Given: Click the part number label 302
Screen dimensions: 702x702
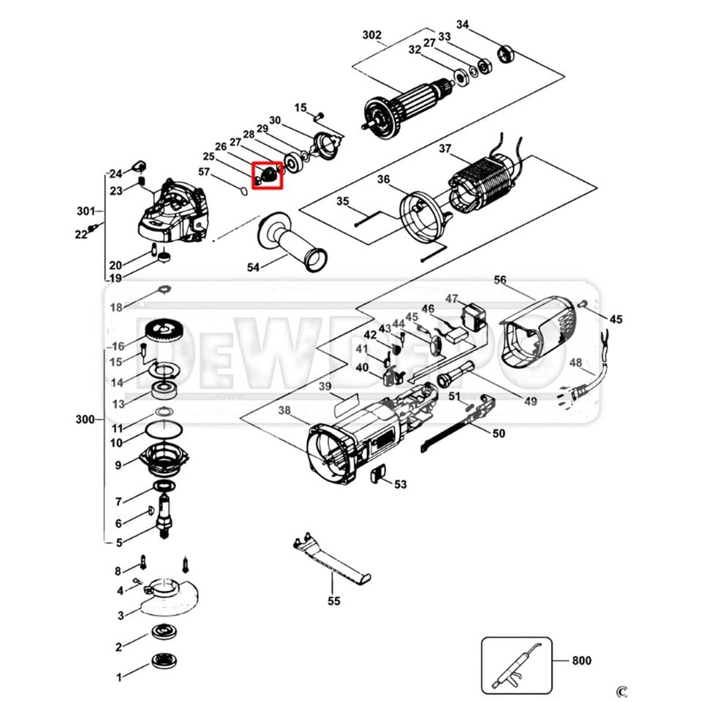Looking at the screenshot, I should pyautogui.click(x=372, y=34).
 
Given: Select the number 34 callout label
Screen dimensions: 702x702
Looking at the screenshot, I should pyautogui.click(x=462, y=25).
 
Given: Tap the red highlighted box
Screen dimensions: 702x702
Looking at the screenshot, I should pyautogui.click(x=267, y=175).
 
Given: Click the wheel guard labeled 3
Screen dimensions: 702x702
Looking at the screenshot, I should pyautogui.click(x=167, y=595).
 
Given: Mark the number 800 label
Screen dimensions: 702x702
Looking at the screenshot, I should pyautogui.click(x=581, y=661).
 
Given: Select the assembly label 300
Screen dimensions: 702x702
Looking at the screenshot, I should pyautogui.click(x=86, y=420).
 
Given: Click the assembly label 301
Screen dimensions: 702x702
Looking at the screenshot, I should pyautogui.click(x=86, y=211).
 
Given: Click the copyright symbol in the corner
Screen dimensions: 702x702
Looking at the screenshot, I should pyautogui.click(x=622, y=691).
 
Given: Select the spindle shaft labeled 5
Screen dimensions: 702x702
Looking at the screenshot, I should pyautogui.click(x=165, y=515).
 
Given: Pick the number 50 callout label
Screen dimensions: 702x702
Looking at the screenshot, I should pyautogui.click(x=498, y=434).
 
